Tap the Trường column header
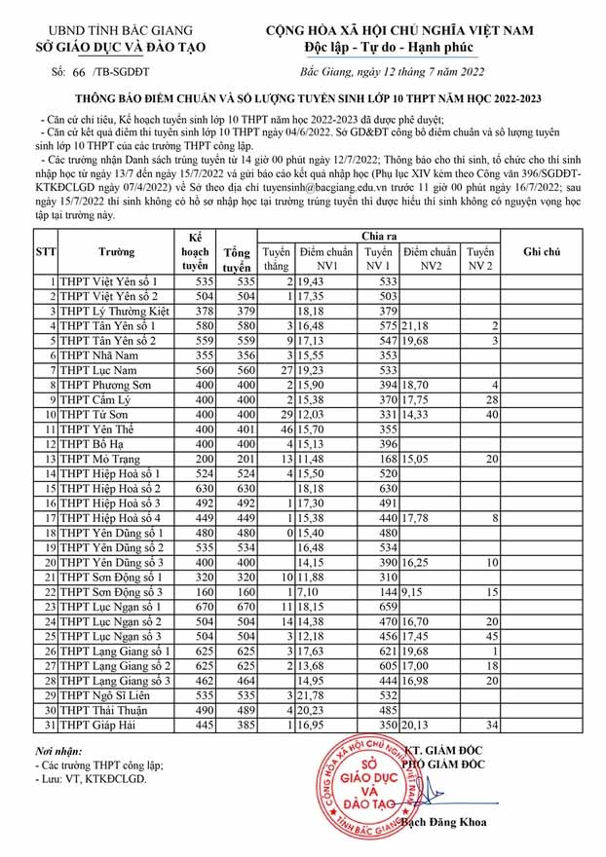[117, 250]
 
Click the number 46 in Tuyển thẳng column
[286, 428]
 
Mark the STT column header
[46, 250]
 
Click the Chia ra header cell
[380, 236]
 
